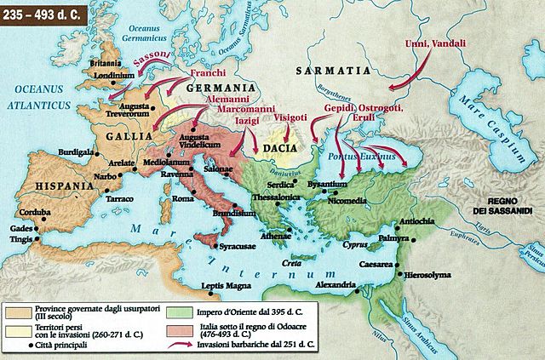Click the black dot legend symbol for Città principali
[x=32, y=346]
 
